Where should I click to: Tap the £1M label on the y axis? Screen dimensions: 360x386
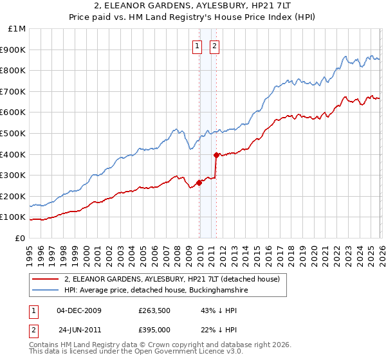coord(17,29)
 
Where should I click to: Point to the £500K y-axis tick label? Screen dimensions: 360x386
coord(14,134)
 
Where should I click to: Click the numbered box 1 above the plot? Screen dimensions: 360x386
coord(197,46)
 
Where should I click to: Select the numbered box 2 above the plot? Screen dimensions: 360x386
coord(214,46)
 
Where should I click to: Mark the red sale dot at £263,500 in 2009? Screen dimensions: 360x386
coord(199,183)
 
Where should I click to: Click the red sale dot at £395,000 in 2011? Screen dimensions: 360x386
coord(216,155)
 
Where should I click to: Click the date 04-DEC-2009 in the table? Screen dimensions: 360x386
coord(79,310)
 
